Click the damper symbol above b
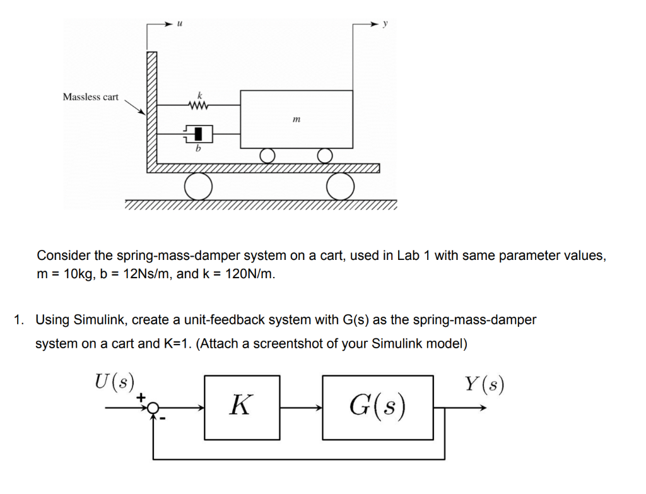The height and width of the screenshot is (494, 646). pyautogui.click(x=198, y=133)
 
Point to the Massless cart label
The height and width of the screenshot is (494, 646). pyautogui.click(x=90, y=97)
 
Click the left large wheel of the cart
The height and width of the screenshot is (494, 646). pyautogui.click(x=198, y=185)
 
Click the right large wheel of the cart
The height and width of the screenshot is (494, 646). pyautogui.click(x=341, y=185)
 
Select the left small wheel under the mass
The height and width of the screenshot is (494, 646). pyautogui.click(x=268, y=155)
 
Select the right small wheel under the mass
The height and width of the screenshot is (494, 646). pyautogui.click(x=324, y=155)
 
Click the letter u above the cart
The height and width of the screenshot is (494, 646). pyautogui.click(x=180, y=23)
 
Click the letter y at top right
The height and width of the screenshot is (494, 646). pyautogui.click(x=385, y=23)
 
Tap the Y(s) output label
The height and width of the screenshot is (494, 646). pyautogui.click(x=484, y=384)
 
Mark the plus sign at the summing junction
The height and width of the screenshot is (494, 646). pyautogui.click(x=142, y=397)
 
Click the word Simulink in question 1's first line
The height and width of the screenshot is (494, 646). pyautogui.click(x=96, y=320)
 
